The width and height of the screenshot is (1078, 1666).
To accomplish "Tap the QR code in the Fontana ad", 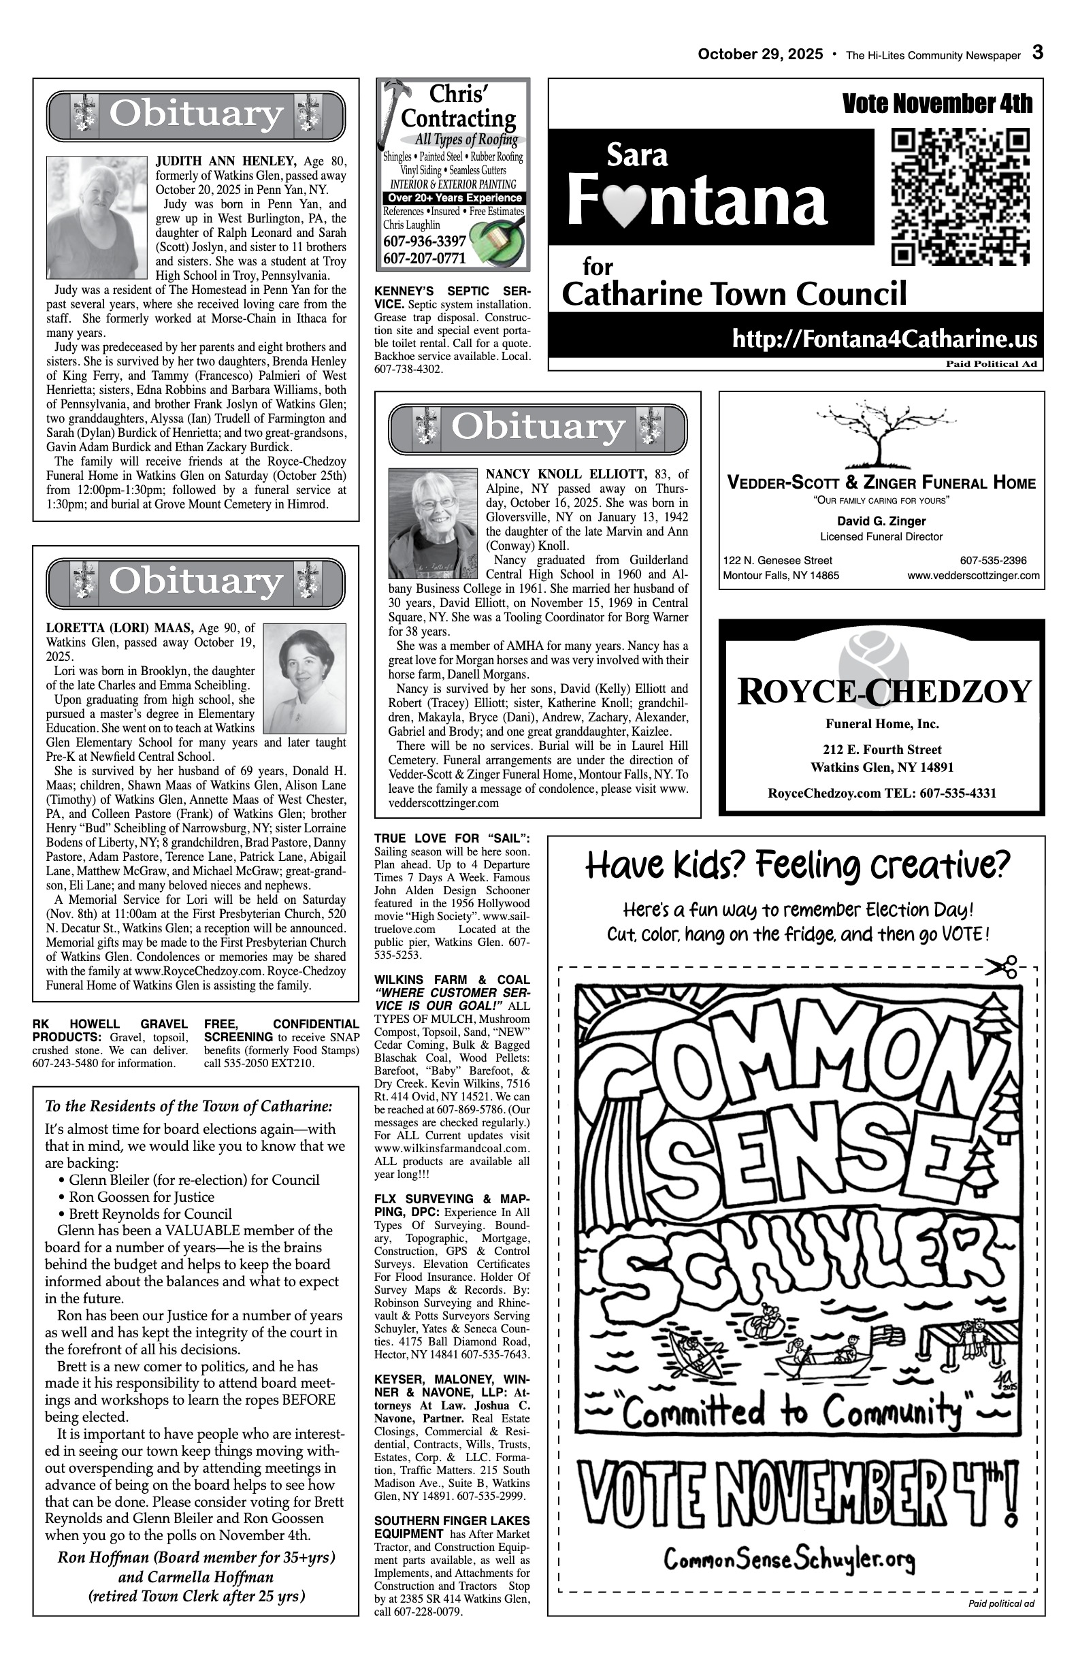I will [960, 197].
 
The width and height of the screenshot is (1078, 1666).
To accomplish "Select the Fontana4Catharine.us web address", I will [884, 339].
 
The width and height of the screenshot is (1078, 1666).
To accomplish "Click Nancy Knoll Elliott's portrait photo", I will [433, 523].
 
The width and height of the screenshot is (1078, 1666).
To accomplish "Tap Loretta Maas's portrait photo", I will [304, 678].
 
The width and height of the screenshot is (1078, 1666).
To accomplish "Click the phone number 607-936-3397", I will [424, 242].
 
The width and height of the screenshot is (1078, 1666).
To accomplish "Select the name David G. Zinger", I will [881, 521].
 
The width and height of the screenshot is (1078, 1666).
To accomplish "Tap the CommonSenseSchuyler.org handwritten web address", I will [789, 1561].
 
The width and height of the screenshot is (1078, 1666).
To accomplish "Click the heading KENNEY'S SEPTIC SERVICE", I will [451, 297].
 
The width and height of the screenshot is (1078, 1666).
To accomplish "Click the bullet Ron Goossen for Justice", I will [141, 1197].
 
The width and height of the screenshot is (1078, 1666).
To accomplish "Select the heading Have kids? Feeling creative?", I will [798, 866].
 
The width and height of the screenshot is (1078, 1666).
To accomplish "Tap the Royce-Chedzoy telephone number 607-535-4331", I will [958, 793].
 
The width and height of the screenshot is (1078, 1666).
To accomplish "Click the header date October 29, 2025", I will [760, 54].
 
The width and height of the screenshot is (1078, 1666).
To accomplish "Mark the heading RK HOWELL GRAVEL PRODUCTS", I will [110, 1030].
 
